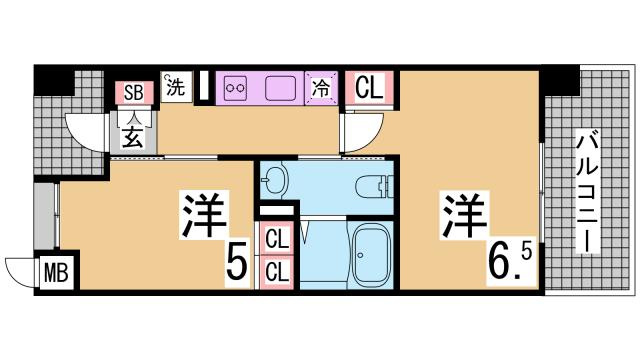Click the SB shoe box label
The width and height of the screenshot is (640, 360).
(x=133, y=92)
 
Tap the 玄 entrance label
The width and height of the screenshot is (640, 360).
(x=133, y=137)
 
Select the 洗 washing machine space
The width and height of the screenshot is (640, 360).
(x=175, y=87)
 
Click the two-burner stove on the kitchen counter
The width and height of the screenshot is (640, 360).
(x=238, y=88)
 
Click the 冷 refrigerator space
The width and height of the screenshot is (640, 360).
(x=322, y=88)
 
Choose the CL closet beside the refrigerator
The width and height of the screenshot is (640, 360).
(x=369, y=88)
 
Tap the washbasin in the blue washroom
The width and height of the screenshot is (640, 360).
(x=275, y=181)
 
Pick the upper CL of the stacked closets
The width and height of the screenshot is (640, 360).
(x=277, y=240)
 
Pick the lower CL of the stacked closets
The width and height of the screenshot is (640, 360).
(x=277, y=270)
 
